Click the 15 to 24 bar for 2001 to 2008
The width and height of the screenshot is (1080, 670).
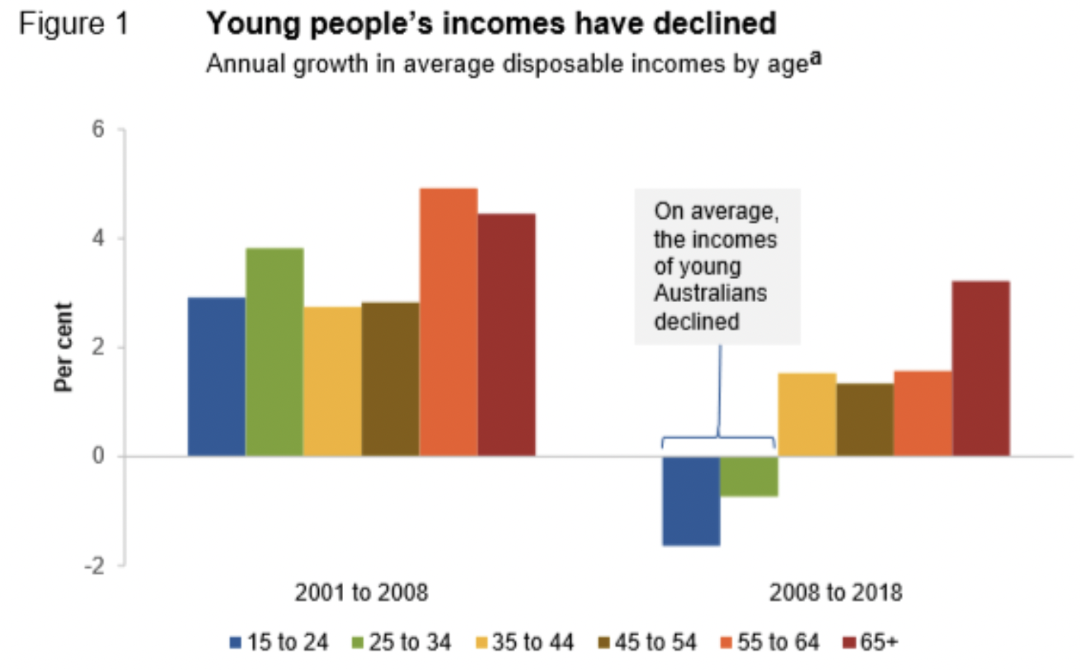pos(217,376)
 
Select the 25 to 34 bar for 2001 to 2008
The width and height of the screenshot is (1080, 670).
pos(275,352)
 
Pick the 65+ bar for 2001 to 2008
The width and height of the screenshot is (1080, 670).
pos(506,334)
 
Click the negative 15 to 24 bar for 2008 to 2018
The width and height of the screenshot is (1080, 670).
pos(691,500)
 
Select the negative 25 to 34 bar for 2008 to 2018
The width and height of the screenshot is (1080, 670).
pos(749,476)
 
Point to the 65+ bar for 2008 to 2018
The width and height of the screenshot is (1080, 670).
pos(981,368)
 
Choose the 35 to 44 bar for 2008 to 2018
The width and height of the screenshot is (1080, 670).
pos(807,414)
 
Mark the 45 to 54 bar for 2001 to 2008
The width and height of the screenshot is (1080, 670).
pos(390,379)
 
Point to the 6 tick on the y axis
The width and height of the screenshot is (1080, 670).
pos(98,129)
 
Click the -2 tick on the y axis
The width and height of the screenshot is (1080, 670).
pos(95,566)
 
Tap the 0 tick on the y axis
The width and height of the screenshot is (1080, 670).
pos(98,456)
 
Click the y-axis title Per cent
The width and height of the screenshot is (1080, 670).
pos(63,347)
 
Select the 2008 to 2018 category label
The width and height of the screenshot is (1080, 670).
pos(835,592)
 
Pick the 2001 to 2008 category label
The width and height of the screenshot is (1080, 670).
pos(361,592)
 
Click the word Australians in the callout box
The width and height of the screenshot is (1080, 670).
pos(710,293)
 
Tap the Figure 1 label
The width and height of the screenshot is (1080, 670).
pos(73,24)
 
